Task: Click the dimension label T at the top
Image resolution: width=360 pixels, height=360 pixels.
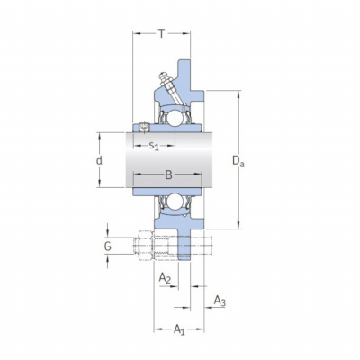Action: [162, 33]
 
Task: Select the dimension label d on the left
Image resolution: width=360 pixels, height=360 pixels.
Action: [99, 160]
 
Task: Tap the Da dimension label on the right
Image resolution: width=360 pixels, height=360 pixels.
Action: [238, 161]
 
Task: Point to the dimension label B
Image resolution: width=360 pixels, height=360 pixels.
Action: [168, 175]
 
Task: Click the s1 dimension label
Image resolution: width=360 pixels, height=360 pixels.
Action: [154, 146]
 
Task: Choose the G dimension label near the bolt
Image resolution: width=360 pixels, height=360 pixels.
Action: [108, 247]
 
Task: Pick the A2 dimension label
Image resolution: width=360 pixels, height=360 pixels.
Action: [165, 278]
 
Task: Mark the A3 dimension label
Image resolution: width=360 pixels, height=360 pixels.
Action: [220, 301]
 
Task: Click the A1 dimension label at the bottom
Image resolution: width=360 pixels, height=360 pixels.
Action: [179, 329]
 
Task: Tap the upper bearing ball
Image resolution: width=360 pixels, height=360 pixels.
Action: [174, 117]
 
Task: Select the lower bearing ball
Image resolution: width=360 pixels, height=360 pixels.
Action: [174, 202]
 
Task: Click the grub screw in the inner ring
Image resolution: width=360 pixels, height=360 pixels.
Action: [144, 128]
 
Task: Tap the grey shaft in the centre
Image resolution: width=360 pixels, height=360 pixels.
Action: [169, 160]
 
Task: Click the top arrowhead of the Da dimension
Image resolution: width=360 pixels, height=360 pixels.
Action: [238, 94]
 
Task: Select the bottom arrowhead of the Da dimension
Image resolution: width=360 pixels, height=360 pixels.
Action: [238, 225]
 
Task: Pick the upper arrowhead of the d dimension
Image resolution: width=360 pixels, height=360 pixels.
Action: [100, 136]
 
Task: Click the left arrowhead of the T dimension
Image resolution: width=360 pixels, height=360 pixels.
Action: [136, 33]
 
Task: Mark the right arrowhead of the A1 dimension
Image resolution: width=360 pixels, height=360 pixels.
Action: [201, 329]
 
